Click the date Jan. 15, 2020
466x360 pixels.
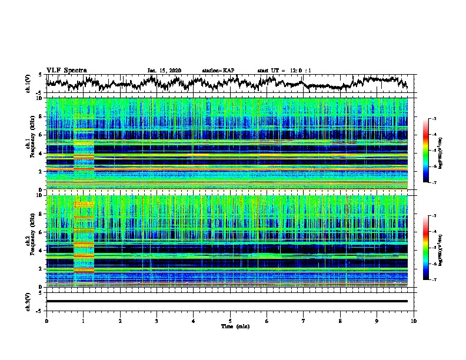pos(164,71)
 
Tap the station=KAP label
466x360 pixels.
pos(218,71)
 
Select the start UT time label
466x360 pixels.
pos(284,71)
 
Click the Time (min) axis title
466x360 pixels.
pos(230,326)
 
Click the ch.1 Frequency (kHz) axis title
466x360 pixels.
pos(29,144)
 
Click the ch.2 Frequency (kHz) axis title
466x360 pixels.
pos(29,241)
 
